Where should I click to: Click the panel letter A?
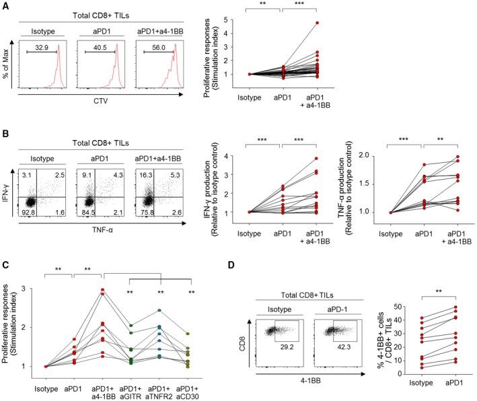click(x=5, y=5)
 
